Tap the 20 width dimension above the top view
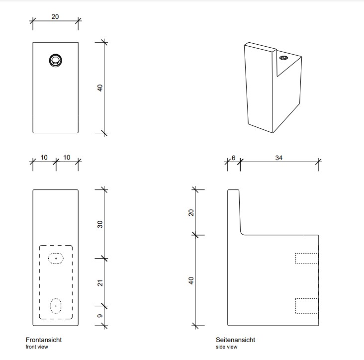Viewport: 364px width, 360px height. pyautogui.click(x=55, y=16)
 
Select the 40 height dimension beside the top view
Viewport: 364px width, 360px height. pyautogui.click(x=100, y=88)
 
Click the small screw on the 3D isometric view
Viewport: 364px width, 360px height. pyautogui.click(x=284, y=59)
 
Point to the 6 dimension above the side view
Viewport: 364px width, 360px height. pyautogui.click(x=234, y=158)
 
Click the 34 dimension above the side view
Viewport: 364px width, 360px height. pyautogui.click(x=278, y=158)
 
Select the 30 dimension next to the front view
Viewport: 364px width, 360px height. pyautogui.click(x=100, y=224)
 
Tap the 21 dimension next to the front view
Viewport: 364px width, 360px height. pyautogui.click(x=100, y=282)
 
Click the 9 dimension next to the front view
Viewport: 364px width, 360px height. pyautogui.click(x=100, y=316)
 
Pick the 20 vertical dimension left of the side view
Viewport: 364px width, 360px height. pyautogui.click(x=191, y=212)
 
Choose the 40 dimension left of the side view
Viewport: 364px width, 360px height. pyautogui.click(x=191, y=280)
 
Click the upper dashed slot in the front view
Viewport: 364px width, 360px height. pyautogui.click(x=56, y=259)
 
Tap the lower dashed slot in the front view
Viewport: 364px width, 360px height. pyautogui.click(x=56, y=305)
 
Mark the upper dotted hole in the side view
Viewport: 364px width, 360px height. pyautogui.click(x=306, y=258)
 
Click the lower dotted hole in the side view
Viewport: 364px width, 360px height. pyautogui.click(x=306, y=305)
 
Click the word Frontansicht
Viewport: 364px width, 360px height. pyautogui.click(x=44, y=340)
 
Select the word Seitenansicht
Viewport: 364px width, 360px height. pyautogui.click(x=235, y=340)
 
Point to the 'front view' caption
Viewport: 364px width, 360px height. pyautogui.click(x=37, y=347)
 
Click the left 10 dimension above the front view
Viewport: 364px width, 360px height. pyautogui.click(x=44, y=158)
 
